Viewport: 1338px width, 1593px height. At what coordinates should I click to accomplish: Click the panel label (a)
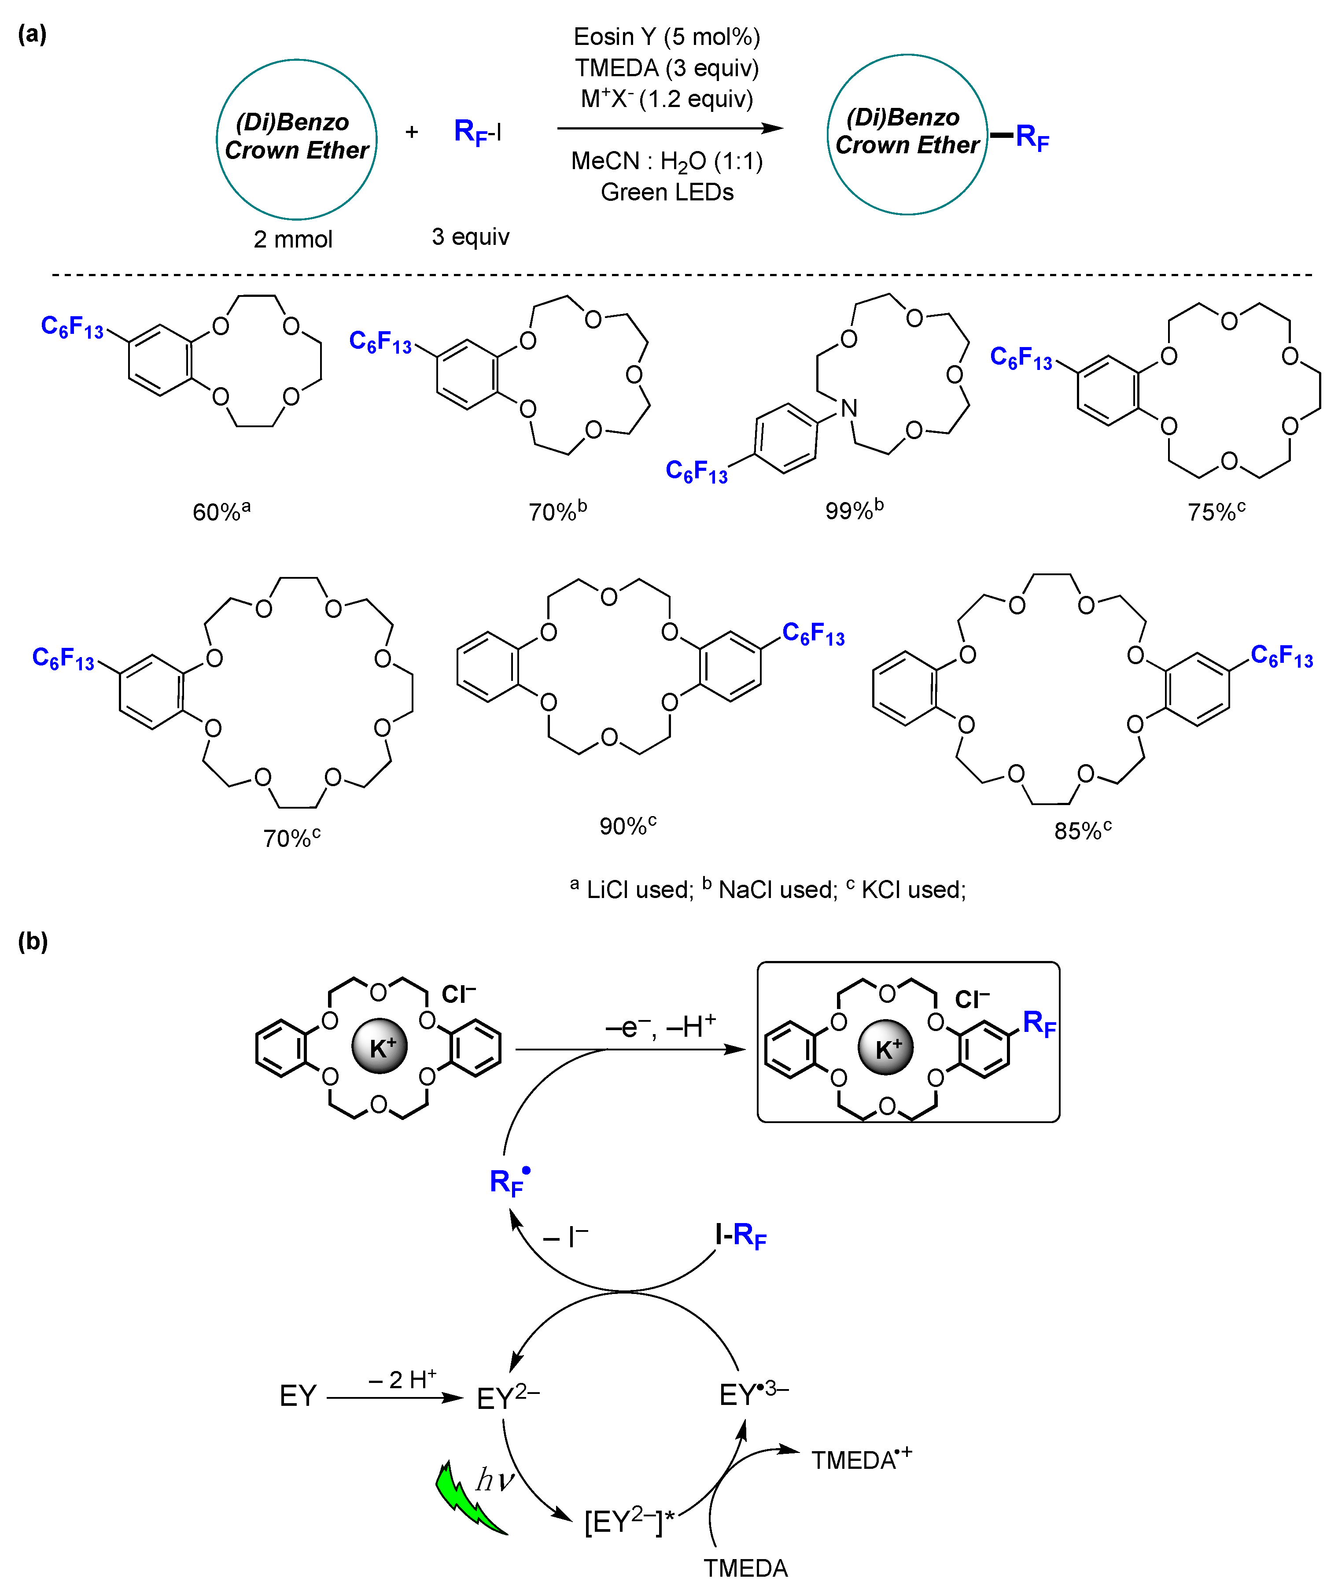pyautogui.click(x=32, y=34)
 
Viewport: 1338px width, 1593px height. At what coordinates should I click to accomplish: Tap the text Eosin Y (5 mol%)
pyautogui.click(x=667, y=37)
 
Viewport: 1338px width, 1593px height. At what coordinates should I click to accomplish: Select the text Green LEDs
pyautogui.click(x=667, y=192)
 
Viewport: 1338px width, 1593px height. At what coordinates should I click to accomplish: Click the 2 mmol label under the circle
pyautogui.click(x=293, y=239)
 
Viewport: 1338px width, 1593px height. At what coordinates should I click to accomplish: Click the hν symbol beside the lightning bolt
pyautogui.click(x=494, y=1480)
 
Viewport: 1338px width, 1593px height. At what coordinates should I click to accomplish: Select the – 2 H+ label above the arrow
pyautogui.click(x=402, y=1379)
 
